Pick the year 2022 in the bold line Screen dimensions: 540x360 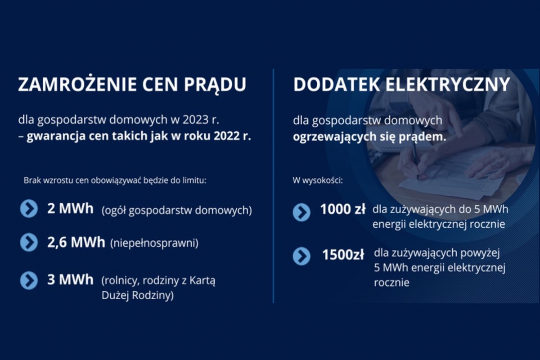(226, 136)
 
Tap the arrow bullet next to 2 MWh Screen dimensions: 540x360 (29, 208)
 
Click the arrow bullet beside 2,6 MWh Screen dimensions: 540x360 (29, 243)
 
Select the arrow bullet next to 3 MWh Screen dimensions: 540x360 (29, 280)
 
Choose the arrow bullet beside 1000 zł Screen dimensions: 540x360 (301, 212)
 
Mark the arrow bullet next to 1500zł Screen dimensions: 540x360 (301, 256)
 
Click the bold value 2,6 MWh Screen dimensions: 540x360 (76, 243)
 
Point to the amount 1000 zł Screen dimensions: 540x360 (343, 209)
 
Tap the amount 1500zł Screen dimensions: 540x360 (343, 255)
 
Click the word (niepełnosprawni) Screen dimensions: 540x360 (154, 243)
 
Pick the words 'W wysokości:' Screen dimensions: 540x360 (318, 180)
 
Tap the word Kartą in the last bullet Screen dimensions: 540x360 (202, 281)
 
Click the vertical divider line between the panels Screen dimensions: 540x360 (274, 186)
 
